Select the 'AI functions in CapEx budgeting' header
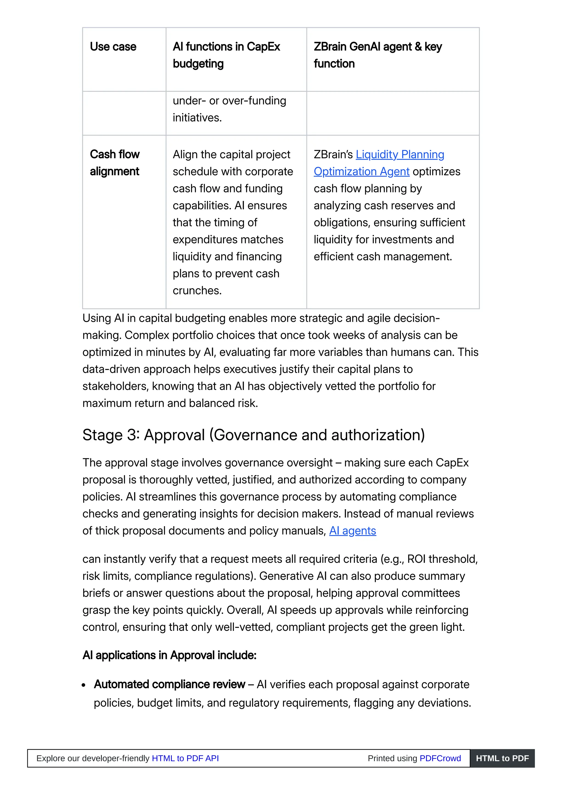[226, 55]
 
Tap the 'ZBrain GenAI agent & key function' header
[377, 55]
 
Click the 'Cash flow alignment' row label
[115, 163]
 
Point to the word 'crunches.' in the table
[197, 290]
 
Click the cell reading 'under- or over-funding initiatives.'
[229, 109]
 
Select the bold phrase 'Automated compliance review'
[169, 684]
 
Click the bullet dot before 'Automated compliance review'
[84, 685]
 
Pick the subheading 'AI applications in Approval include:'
[169, 655]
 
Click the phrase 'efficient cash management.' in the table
[383, 257]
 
